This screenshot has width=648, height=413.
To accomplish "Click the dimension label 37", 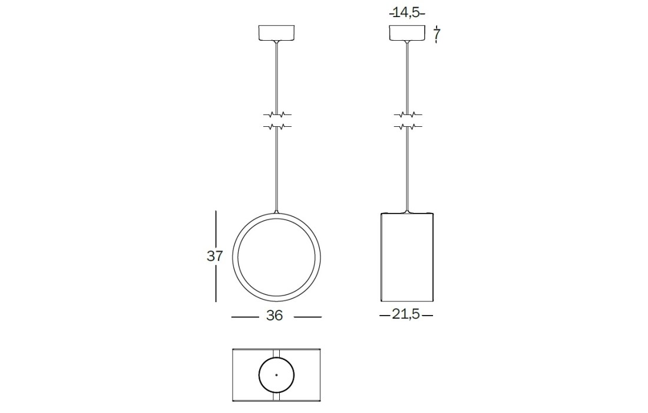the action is [x=214, y=256].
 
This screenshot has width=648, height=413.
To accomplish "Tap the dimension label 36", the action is [x=275, y=316].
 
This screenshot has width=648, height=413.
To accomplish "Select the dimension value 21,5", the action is [x=406, y=314].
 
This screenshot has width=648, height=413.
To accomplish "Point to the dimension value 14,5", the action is [x=407, y=13].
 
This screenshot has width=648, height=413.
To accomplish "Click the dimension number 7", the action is [x=437, y=35].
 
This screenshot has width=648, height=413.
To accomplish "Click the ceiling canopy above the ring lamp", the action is [x=277, y=33].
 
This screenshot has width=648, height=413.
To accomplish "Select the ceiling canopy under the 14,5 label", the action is [x=408, y=33].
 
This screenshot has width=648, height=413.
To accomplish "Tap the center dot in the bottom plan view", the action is [x=276, y=375].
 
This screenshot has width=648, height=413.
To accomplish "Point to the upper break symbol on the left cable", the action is [x=277, y=114].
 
